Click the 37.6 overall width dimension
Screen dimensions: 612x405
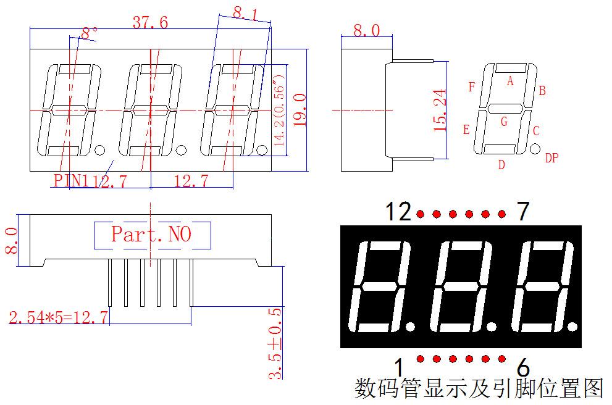[x=150, y=22]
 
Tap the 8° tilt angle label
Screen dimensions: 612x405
[x=90, y=33]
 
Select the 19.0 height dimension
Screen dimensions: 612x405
[x=300, y=110]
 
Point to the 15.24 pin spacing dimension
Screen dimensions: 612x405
[x=440, y=110]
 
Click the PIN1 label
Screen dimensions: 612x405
[x=71, y=180]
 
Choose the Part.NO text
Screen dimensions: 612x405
[x=151, y=234]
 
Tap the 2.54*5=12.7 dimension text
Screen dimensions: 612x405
[x=58, y=317]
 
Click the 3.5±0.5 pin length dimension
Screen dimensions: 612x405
[x=275, y=343]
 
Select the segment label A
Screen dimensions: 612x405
[x=510, y=81]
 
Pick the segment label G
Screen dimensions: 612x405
[x=505, y=122]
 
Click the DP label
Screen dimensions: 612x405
[x=551, y=157]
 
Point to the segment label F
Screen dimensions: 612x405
[x=472, y=86]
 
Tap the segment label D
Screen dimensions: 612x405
[x=501, y=165]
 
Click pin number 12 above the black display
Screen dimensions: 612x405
[x=398, y=212]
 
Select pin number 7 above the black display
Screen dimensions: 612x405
[x=523, y=212]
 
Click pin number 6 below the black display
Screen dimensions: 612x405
[x=523, y=367]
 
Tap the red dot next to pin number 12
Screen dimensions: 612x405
[x=421, y=214]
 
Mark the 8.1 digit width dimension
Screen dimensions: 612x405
[x=245, y=14]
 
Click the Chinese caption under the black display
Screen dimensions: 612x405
[x=479, y=388]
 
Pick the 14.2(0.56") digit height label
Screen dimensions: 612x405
[x=280, y=110]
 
